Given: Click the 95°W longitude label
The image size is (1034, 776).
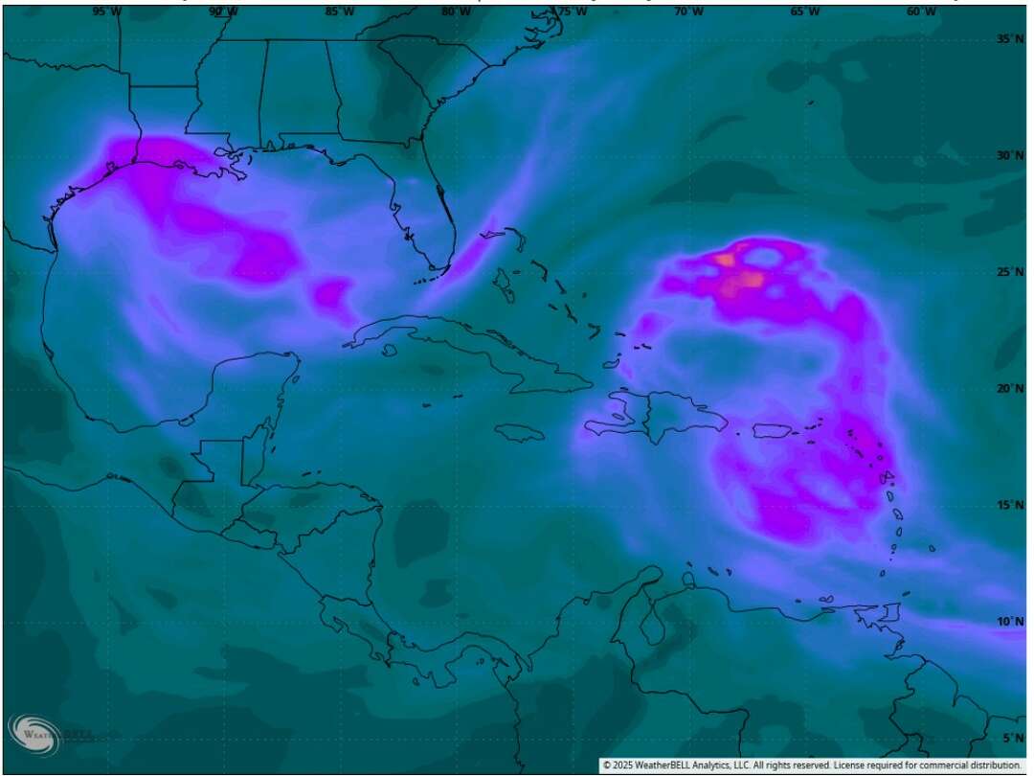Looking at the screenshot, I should coord(106,11).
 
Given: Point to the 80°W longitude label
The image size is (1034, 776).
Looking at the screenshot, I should coord(456,11).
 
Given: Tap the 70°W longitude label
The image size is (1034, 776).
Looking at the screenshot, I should coord(688,11).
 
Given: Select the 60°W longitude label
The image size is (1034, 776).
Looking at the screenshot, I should coord(921,11).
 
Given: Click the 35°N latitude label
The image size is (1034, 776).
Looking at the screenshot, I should coord(1008,39).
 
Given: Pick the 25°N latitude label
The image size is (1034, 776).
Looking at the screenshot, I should coord(1008,272).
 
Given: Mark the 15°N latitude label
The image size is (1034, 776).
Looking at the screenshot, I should coord(1008,505).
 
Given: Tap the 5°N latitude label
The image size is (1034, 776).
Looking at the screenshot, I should coord(1011,738).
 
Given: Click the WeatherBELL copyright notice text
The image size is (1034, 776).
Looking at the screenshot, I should coord(812,765).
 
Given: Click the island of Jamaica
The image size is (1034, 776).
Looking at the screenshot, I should coord(521,432).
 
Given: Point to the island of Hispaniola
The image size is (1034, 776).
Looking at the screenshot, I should coord(661,419).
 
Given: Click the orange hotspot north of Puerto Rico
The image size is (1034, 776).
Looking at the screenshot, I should coord(749,280).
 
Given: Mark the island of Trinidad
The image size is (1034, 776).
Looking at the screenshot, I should coord(891,612).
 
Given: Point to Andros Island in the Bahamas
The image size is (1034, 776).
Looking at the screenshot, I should coord(502,280).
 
